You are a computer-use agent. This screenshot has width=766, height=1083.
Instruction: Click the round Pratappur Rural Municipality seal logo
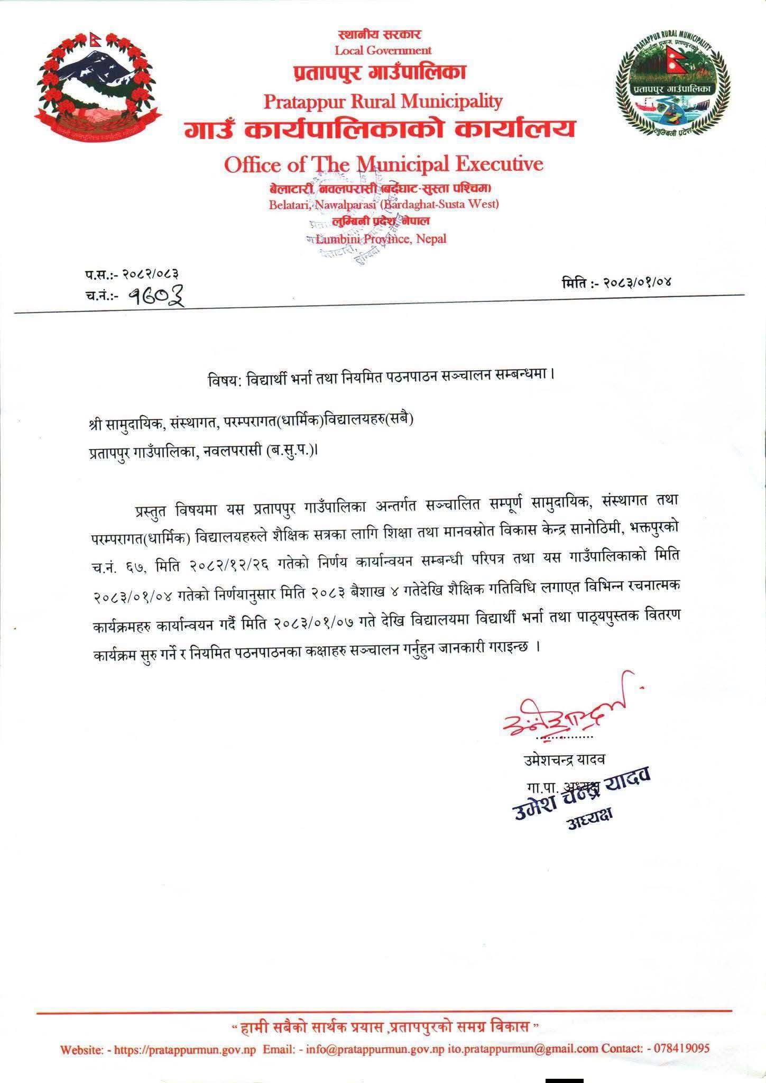point(672,87)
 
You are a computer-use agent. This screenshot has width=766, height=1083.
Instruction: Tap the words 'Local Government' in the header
point(383,50)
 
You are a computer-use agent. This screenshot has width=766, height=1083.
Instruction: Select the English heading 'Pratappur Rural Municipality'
point(383,100)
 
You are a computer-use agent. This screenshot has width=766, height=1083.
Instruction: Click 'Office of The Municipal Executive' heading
point(383,164)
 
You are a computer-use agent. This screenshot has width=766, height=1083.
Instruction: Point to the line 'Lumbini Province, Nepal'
point(381,238)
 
